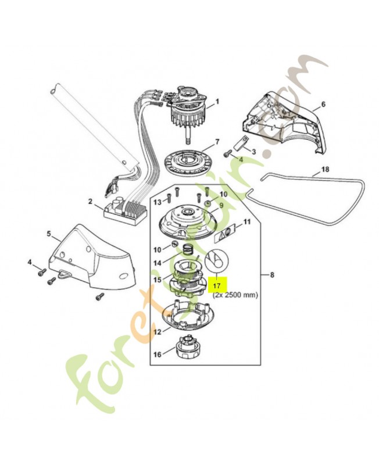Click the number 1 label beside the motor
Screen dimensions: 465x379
pyautogui.click(x=217, y=101)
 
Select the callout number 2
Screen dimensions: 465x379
pyautogui.click(x=91, y=202)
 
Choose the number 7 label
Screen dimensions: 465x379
pyautogui.click(x=217, y=141)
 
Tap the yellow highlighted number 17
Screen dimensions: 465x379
pyautogui.click(x=216, y=286)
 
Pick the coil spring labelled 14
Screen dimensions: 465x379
pyautogui.click(x=188, y=249)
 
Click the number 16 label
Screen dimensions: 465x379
pyautogui.click(x=156, y=354)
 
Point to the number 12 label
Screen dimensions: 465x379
pyautogui.click(x=157, y=332)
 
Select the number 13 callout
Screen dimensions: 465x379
pyautogui.click(x=157, y=202)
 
